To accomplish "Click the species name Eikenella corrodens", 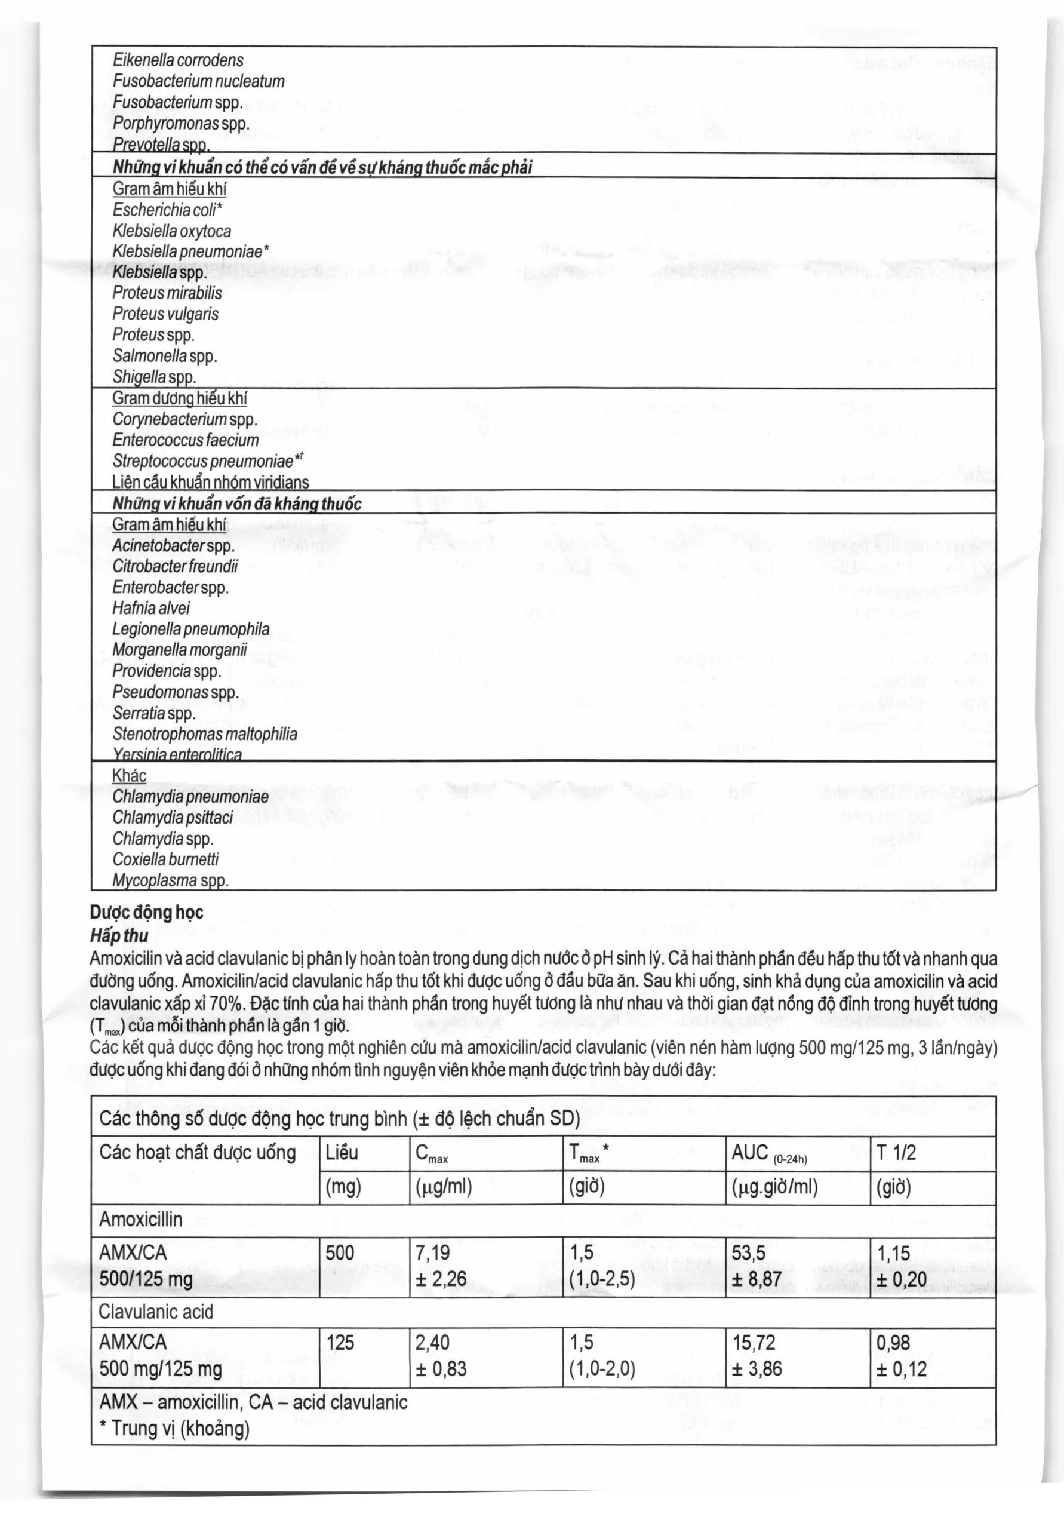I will coord(178,60).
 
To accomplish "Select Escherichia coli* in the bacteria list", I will coord(167,210).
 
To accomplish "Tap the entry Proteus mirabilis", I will coord(167,293).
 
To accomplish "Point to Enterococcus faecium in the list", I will coord(186,440).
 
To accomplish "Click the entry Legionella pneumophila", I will coord(191,630).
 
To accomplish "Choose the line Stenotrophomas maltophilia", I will coord(205,734).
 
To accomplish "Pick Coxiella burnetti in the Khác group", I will coord(166,859).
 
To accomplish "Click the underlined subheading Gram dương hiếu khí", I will coord(180,398).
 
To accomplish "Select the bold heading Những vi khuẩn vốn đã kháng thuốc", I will coord(236,503).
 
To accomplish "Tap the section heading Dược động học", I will coord(146,913).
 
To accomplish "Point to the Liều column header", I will coord(342,1153).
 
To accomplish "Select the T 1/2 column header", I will coord(896,1153).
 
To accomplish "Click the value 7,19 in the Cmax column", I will coord(433,1253).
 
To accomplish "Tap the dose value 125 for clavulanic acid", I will coord(340,1343).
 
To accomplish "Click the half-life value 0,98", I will coord(893,1343).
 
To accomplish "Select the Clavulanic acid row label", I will coord(156,1312).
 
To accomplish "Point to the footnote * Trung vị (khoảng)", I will coord(174,1429).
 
